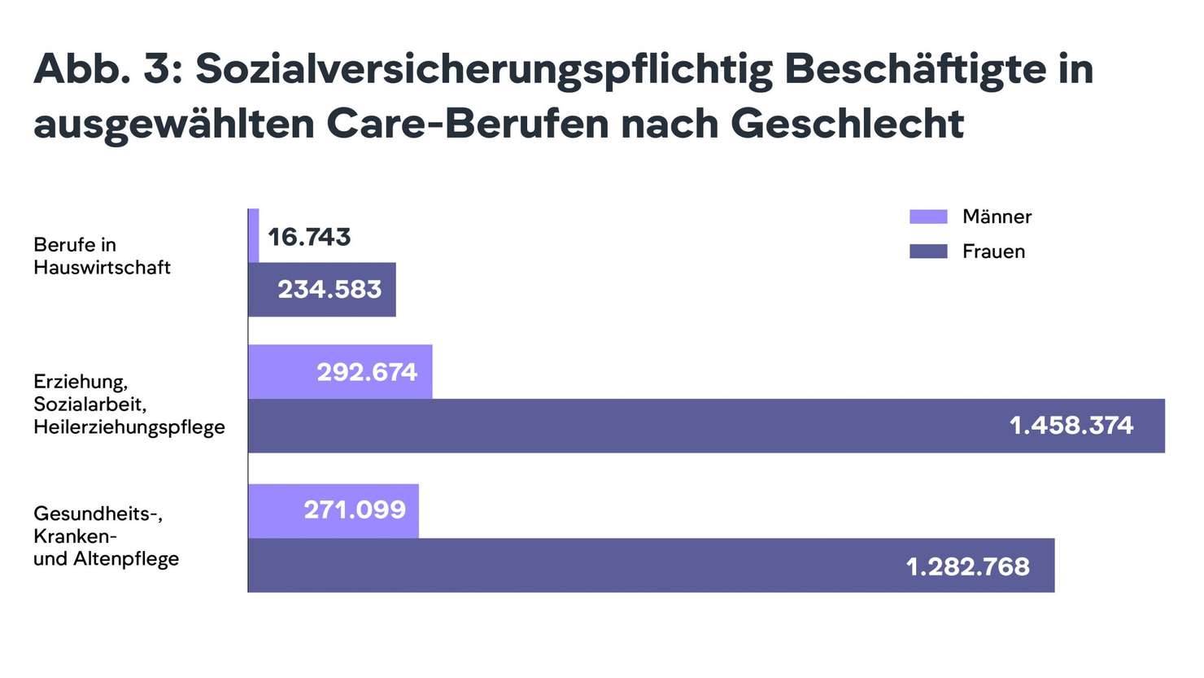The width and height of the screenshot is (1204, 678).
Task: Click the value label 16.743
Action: point(309,237)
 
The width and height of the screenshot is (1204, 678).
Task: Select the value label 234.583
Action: point(329,289)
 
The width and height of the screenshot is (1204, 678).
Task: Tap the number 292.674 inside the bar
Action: point(367,372)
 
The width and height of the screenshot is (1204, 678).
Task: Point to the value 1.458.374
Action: point(1071,425)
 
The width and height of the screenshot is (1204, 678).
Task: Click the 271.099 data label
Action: point(355,510)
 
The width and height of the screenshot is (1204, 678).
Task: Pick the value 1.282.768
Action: point(967,566)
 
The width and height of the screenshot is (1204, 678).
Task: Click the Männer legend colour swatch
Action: point(928,217)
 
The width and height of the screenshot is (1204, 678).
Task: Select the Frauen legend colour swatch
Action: point(928,252)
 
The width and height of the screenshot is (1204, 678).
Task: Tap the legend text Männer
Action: point(997,217)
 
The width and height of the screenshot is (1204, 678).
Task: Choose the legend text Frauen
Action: point(993,252)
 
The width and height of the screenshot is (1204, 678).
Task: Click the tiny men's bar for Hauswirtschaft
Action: point(254,236)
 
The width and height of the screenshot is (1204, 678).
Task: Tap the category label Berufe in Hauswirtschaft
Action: point(102,256)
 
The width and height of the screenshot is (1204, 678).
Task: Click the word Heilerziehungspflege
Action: point(129,427)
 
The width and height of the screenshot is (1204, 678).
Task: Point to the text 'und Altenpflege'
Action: point(106,559)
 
